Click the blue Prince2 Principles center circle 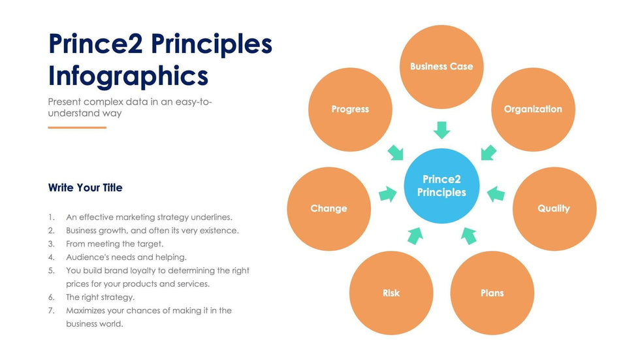pos(441,186)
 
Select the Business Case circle pos(441,67)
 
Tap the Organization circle pos(533,109)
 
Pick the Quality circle pos(554,208)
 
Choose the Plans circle pos(492,293)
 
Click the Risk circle pos(391,293)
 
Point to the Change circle pos(329,208)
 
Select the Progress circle pos(350,109)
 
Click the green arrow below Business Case pos(441,130)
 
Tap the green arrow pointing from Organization pos(488,153)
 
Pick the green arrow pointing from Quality pos(496,194)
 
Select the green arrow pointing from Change pos(388,194)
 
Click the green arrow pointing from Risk pos(415,235)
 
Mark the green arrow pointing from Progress pos(395,153)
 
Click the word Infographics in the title pos(128,76)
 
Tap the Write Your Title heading pos(86,188)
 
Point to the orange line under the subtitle pos(77,128)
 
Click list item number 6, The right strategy pos(101,297)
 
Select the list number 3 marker pos(51,244)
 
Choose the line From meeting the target pos(115,244)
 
